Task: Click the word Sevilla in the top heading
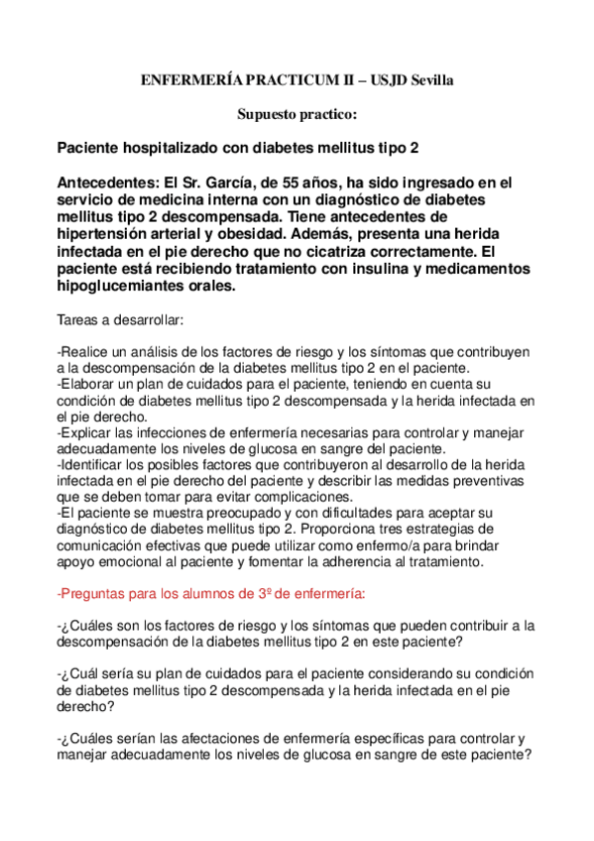click(x=434, y=80)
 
